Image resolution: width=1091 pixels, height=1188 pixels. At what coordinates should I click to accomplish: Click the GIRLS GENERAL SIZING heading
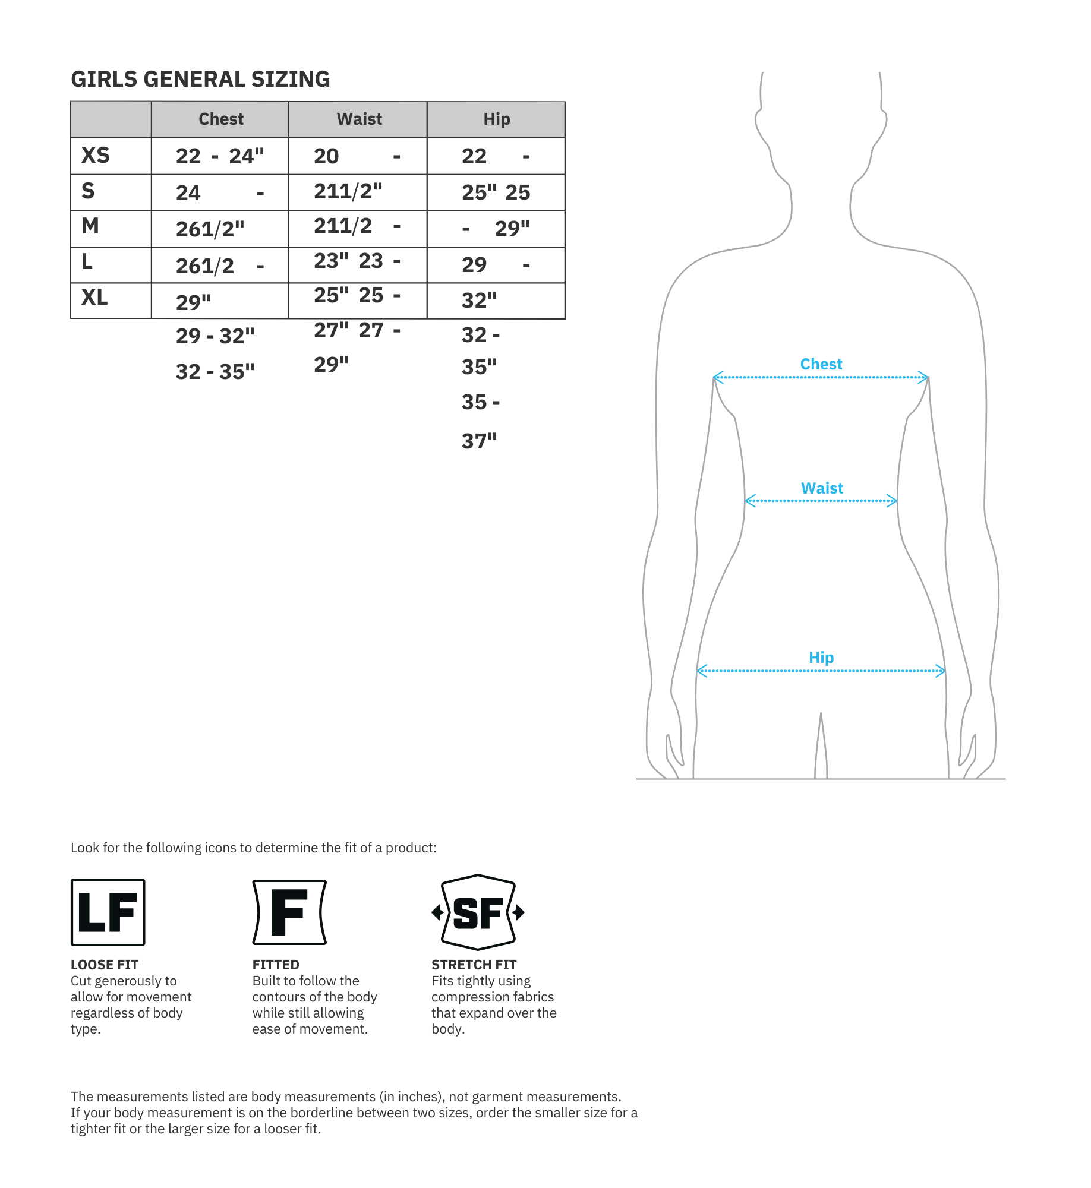tap(200, 79)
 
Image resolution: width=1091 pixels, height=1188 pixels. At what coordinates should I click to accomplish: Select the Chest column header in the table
tap(221, 119)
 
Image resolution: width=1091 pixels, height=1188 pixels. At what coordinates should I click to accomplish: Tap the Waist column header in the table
tap(359, 119)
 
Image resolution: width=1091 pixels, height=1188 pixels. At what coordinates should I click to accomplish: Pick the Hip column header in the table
tap(496, 119)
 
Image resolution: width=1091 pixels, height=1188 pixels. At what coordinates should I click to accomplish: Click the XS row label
tap(96, 156)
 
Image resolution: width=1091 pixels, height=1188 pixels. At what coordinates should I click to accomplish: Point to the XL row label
tap(94, 297)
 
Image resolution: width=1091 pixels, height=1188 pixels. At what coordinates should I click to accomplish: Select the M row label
tap(90, 226)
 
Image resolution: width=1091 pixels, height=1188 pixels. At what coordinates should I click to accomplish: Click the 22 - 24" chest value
tap(220, 156)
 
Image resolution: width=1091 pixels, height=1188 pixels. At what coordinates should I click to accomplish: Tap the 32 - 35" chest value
tap(215, 372)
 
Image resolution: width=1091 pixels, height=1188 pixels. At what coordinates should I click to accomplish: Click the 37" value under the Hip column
tap(479, 441)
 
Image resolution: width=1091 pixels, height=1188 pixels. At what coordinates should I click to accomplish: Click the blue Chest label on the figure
tap(821, 364)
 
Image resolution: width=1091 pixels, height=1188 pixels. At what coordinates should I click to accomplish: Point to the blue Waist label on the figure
tap(822, 488)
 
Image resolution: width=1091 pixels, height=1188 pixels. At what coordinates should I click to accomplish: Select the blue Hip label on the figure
tap(821, 658)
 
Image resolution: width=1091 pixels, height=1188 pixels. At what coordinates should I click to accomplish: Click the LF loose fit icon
tap(108, 912)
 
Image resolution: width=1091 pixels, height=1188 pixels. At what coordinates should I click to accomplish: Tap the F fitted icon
tap(289, 912)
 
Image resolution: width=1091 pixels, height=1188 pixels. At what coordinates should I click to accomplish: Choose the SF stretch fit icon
tap(478, 912)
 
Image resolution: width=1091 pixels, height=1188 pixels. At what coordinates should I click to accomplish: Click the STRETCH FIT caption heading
tap(474, 965)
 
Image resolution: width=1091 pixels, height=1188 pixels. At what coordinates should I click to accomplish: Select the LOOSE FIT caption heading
tap(105, 965)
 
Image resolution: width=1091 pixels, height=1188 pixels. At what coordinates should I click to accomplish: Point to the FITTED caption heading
tap(276, 965)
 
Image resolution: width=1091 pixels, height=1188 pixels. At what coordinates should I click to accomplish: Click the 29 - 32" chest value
tap(215, 336)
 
